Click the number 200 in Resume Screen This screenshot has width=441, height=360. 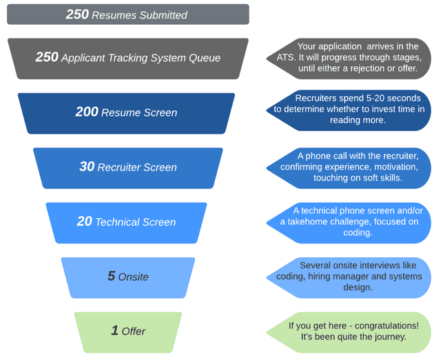[x=87, y=112]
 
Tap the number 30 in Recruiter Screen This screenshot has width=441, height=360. [x=87, y=167]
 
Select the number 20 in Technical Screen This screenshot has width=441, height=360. [x=84, y=222]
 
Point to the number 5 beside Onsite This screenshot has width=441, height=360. [x=111, y=277]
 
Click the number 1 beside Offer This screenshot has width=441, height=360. [x=114, y=331]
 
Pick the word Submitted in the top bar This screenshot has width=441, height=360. [x=159, y=14]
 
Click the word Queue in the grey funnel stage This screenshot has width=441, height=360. [x=204, y=58]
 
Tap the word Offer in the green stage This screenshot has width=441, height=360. [x=134, y=332]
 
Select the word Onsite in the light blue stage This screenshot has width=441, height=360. [x=133, y=277]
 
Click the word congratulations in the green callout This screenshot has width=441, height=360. [x=381, y=326]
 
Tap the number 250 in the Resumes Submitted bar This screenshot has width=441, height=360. [x=77, y=14]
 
